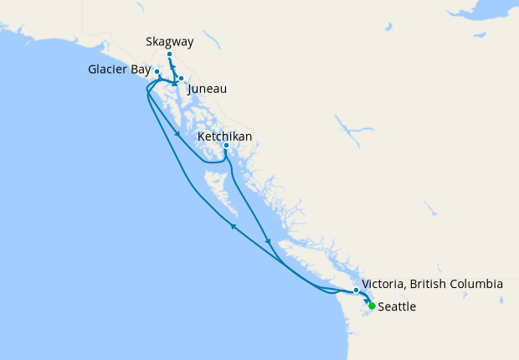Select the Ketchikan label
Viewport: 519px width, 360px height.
point(225,136)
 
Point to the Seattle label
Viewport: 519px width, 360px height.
point(397,307)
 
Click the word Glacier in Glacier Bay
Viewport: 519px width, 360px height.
point(107,69)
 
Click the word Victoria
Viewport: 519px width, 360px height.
point(385,285)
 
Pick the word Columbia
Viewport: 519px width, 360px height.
point(477,285)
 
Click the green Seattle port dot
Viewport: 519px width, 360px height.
point(372,306)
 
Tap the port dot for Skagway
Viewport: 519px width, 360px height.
point(169,54)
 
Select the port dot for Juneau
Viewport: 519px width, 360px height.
point(181,79)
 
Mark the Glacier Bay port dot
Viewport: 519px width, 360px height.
point(157,72)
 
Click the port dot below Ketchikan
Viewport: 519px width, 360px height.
point(226,146)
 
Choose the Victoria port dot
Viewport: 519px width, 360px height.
point(357,291)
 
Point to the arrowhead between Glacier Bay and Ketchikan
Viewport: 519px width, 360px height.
point(177,134)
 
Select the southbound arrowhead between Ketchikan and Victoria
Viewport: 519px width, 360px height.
point(268,242)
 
